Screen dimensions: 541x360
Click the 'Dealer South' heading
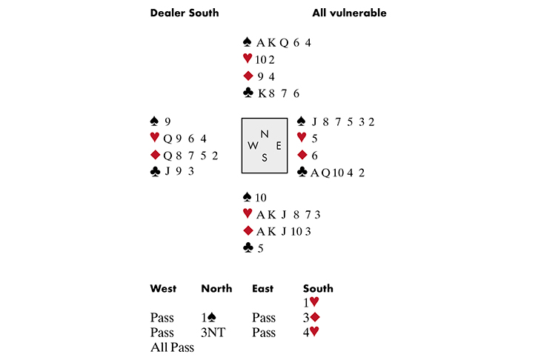coord(185,13)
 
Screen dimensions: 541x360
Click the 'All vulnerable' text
coord(349,13)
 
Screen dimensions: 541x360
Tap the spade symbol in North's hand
coord(247,42)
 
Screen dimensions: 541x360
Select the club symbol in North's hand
coord(248,93)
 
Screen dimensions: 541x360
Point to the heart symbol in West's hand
coord(155,137)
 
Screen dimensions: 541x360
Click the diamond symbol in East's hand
coord(302,155)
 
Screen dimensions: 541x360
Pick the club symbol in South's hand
coord(248,247)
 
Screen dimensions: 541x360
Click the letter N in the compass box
coord(265,134)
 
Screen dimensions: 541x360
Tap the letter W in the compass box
coord(253,145)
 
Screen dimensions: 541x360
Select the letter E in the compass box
coord(279,146)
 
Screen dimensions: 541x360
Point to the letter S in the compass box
coord(265,158)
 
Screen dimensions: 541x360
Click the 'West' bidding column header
coord(163,288)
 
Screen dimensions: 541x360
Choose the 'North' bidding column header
coord(216,288)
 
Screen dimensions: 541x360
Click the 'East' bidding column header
coord(262,288)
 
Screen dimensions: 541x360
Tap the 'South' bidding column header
coord(318,288)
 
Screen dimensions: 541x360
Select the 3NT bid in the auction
coord(213,333)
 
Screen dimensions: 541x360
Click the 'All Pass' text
coord(172,347)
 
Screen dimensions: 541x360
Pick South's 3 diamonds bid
coord(311,317)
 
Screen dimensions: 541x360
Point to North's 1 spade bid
coord(209,317)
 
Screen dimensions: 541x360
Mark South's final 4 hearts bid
coord(311,332)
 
